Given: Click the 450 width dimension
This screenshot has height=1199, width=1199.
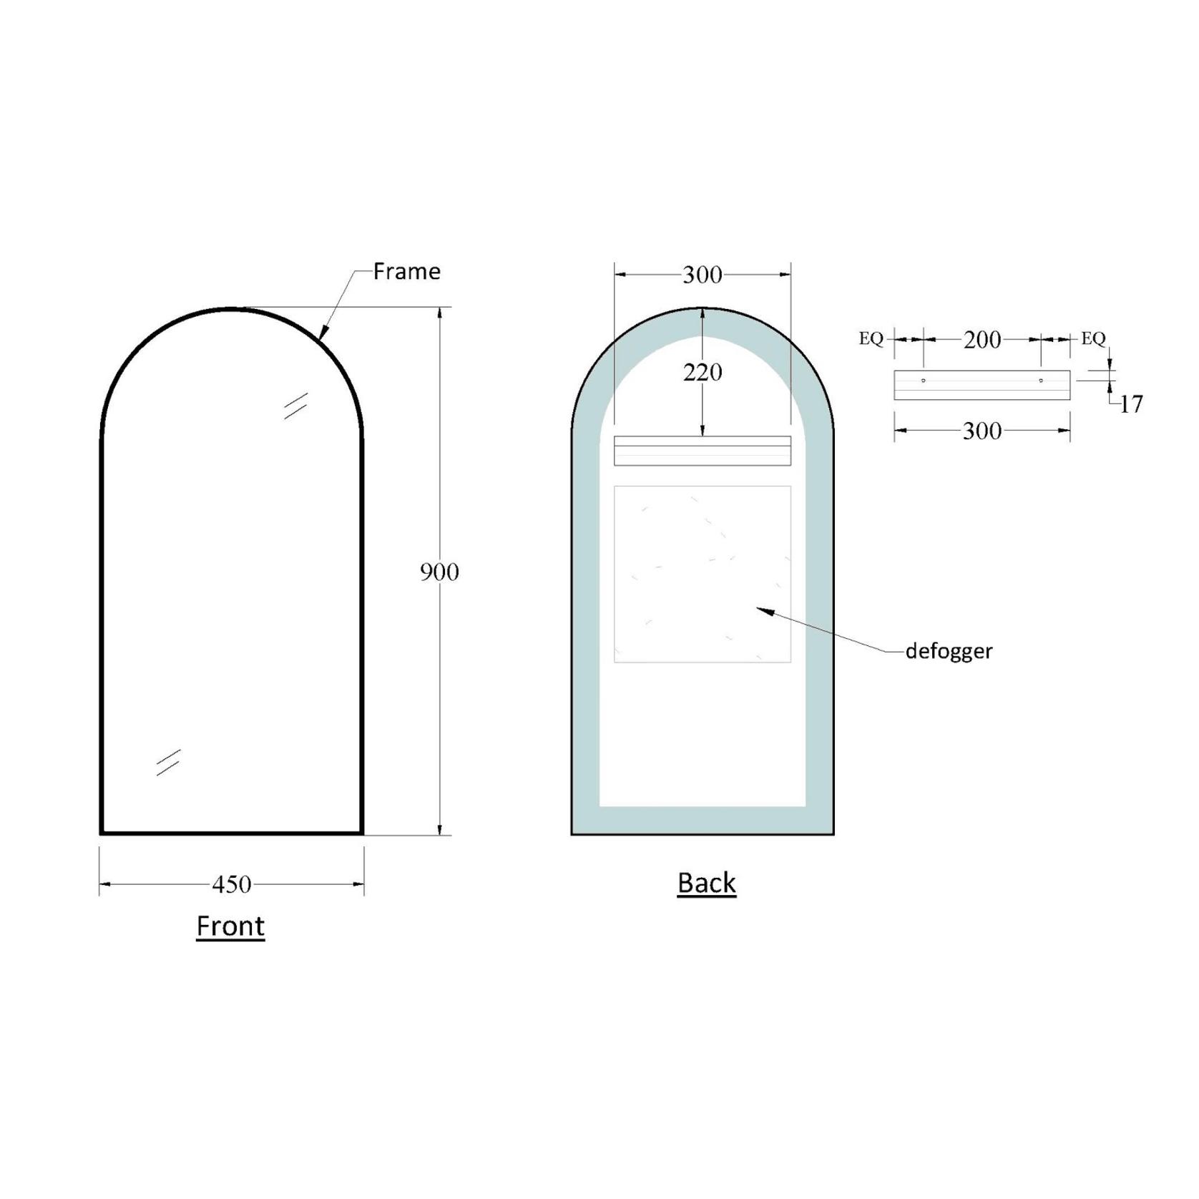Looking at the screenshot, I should click(232, 884).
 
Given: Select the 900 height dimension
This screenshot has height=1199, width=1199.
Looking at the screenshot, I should click(439, 572).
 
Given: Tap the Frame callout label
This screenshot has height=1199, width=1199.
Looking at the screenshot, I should click(406, 271).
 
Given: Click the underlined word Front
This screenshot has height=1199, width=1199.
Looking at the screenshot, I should click(230, 926).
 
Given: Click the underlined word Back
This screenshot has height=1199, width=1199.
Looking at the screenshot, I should click(706, 883).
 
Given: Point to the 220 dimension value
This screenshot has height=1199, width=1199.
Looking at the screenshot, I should click(703, 372).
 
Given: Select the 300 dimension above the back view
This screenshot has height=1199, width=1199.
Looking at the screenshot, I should click(703, 275).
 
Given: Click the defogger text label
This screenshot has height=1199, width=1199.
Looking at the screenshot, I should click(949, 651).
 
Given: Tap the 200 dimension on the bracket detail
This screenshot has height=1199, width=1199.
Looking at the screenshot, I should click(982, 340).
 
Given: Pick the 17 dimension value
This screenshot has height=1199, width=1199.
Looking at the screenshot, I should click(1131, 405).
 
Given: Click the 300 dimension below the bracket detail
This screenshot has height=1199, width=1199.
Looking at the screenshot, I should click(982, 431).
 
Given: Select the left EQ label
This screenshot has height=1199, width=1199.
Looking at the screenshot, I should click(871, 338).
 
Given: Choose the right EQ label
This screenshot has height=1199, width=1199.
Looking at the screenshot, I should click(1093, 338).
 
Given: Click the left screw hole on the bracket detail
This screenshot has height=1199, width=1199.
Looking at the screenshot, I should click(923, 381).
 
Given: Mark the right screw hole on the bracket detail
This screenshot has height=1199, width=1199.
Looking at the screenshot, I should click(1041, 381).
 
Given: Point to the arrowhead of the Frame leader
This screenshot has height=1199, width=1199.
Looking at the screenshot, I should click(323, 333).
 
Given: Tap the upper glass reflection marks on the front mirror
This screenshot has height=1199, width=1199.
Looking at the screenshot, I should click(295, 406).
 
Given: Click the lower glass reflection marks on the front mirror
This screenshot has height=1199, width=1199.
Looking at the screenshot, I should click(168, 763).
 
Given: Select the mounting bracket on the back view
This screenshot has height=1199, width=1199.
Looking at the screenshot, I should click(703, 451).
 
